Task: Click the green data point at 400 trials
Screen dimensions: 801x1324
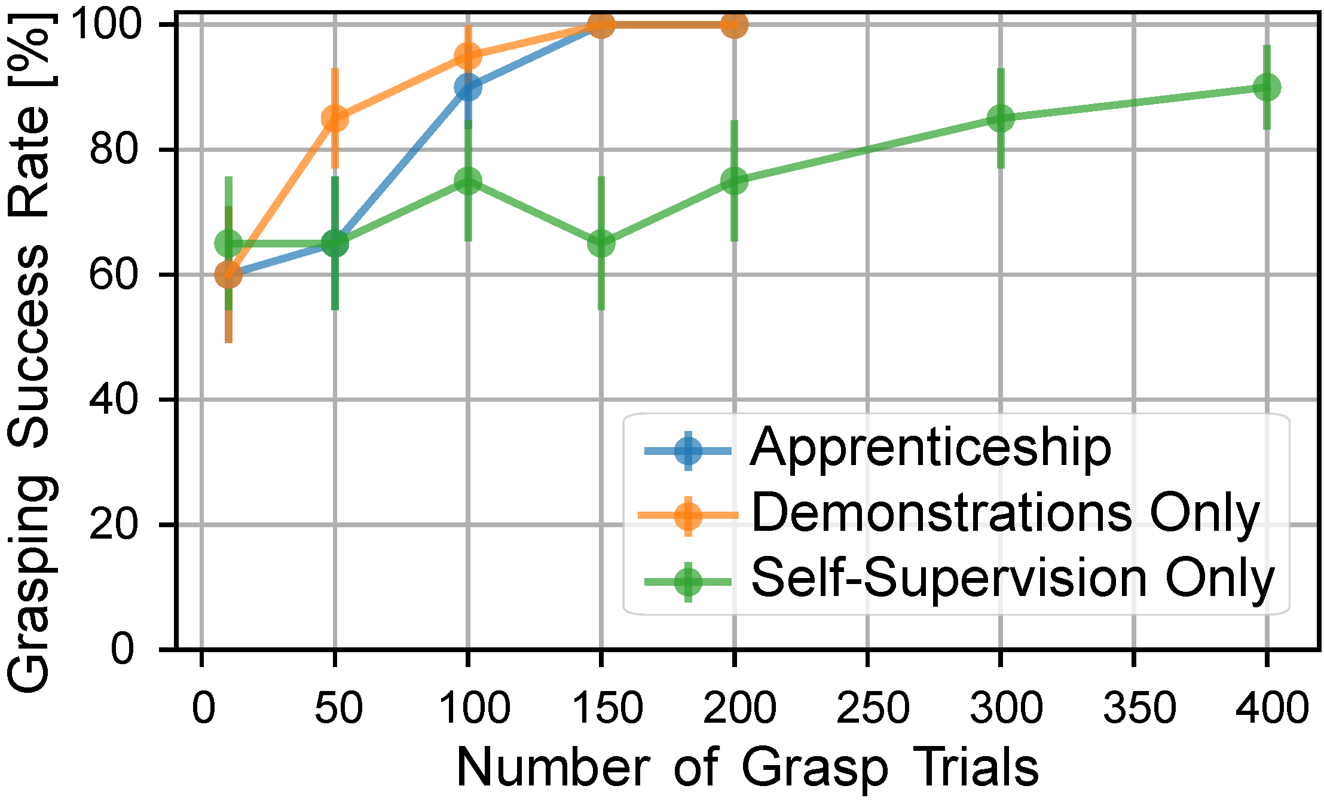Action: click(1266, 87)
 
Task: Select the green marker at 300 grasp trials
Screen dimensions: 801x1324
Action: click(1000, 118)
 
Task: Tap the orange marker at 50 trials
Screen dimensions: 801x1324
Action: click(335, 118)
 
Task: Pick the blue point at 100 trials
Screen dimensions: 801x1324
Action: click(467, 87)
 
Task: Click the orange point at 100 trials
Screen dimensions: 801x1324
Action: click(467, 57)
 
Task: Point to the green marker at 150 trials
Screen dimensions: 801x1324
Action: click(601, 243)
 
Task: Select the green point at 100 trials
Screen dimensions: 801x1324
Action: click(467, 181)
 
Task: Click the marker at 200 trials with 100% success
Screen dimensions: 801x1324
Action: click(734, 25)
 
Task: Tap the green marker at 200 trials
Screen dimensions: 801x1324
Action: click(734, 181)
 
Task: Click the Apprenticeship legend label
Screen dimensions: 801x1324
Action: click(930, 448)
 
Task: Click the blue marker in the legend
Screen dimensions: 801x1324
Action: click(688, 450)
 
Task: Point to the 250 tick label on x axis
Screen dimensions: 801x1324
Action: click(872, 708)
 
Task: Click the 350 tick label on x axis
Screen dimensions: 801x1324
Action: click(1139, 708)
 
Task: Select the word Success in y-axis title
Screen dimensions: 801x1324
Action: click(30, 347)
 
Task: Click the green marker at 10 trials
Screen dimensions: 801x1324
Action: click(228, 243)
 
